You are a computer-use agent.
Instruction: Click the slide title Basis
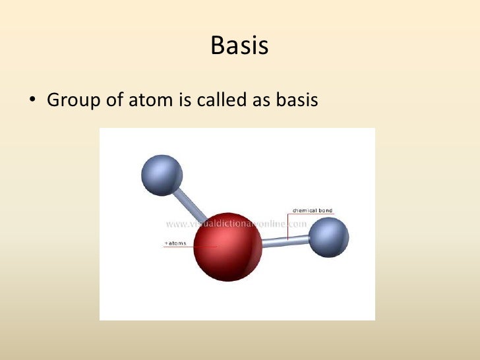coord(239,46)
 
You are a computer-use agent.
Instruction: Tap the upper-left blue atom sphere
coord(162,175)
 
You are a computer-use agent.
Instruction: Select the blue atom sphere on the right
coord(328,237)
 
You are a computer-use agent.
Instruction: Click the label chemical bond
coord(312,211)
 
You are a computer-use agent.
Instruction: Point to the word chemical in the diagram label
coord(303,211)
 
